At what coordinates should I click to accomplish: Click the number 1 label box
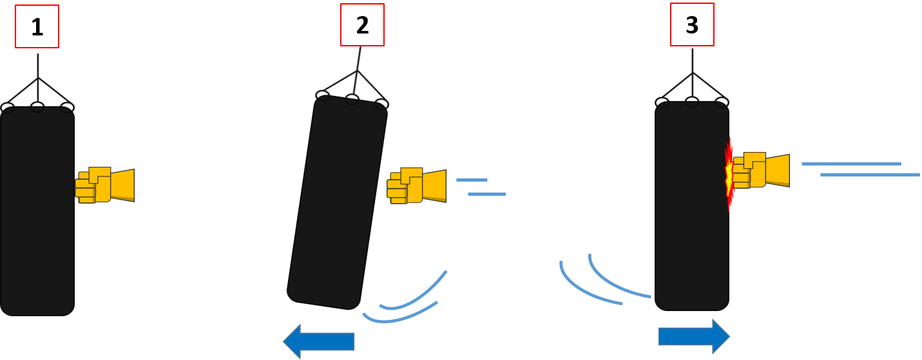pos(37,27)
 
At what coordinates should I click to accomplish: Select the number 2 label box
pos(362,25)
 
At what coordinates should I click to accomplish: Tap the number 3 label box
pos(692,24)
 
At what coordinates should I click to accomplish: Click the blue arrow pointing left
pos(319,341)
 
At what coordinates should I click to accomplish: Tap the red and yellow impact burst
pos(729,174)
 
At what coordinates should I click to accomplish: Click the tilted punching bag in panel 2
pos(337,203)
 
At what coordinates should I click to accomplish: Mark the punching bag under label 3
pos(692,206)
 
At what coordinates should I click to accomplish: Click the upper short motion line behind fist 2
pos(472,180)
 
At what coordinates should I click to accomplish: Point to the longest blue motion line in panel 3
pos(870,175)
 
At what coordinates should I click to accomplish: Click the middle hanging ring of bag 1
pos(37,107)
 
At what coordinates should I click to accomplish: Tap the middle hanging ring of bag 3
pos(692,102)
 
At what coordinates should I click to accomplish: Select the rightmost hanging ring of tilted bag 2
pos(381,104)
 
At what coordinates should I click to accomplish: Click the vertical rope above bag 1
pos(38,64)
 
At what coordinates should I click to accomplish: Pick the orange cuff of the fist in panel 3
pos(778,171)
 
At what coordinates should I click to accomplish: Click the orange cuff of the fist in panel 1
pos(122,185)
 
